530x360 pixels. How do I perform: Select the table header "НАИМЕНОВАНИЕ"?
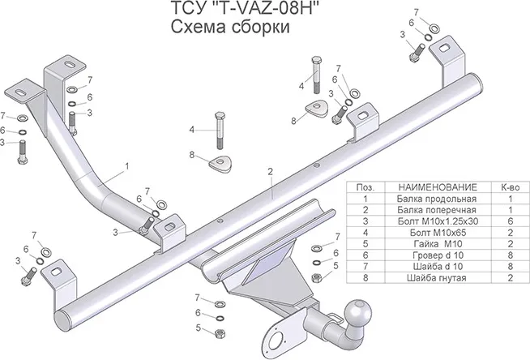click(426, 187)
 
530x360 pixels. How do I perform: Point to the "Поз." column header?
click(365, 187)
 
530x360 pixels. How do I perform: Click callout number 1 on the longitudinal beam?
click(127, 166)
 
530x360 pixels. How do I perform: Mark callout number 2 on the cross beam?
click(269, 172)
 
